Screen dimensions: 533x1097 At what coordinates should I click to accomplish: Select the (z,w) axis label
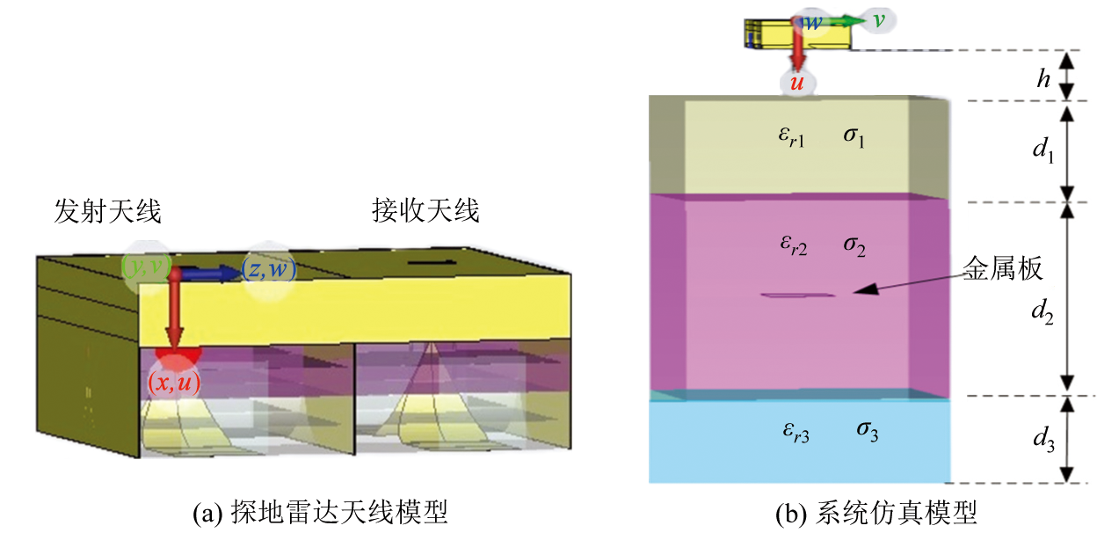click(270, 271)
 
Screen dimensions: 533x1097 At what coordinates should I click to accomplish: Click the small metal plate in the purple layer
click(798, 296)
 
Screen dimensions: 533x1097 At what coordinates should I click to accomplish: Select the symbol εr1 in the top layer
click(793, 139)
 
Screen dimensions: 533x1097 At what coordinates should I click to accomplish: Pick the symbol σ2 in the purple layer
click(854, 245)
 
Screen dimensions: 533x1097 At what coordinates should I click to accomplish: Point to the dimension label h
click(1043, 79)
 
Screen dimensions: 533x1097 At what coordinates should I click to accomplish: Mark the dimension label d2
click(1043, 310)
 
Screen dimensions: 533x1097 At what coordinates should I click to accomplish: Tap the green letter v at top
click(877, 19)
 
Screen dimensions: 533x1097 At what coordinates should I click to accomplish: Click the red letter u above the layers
click(797, 83)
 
